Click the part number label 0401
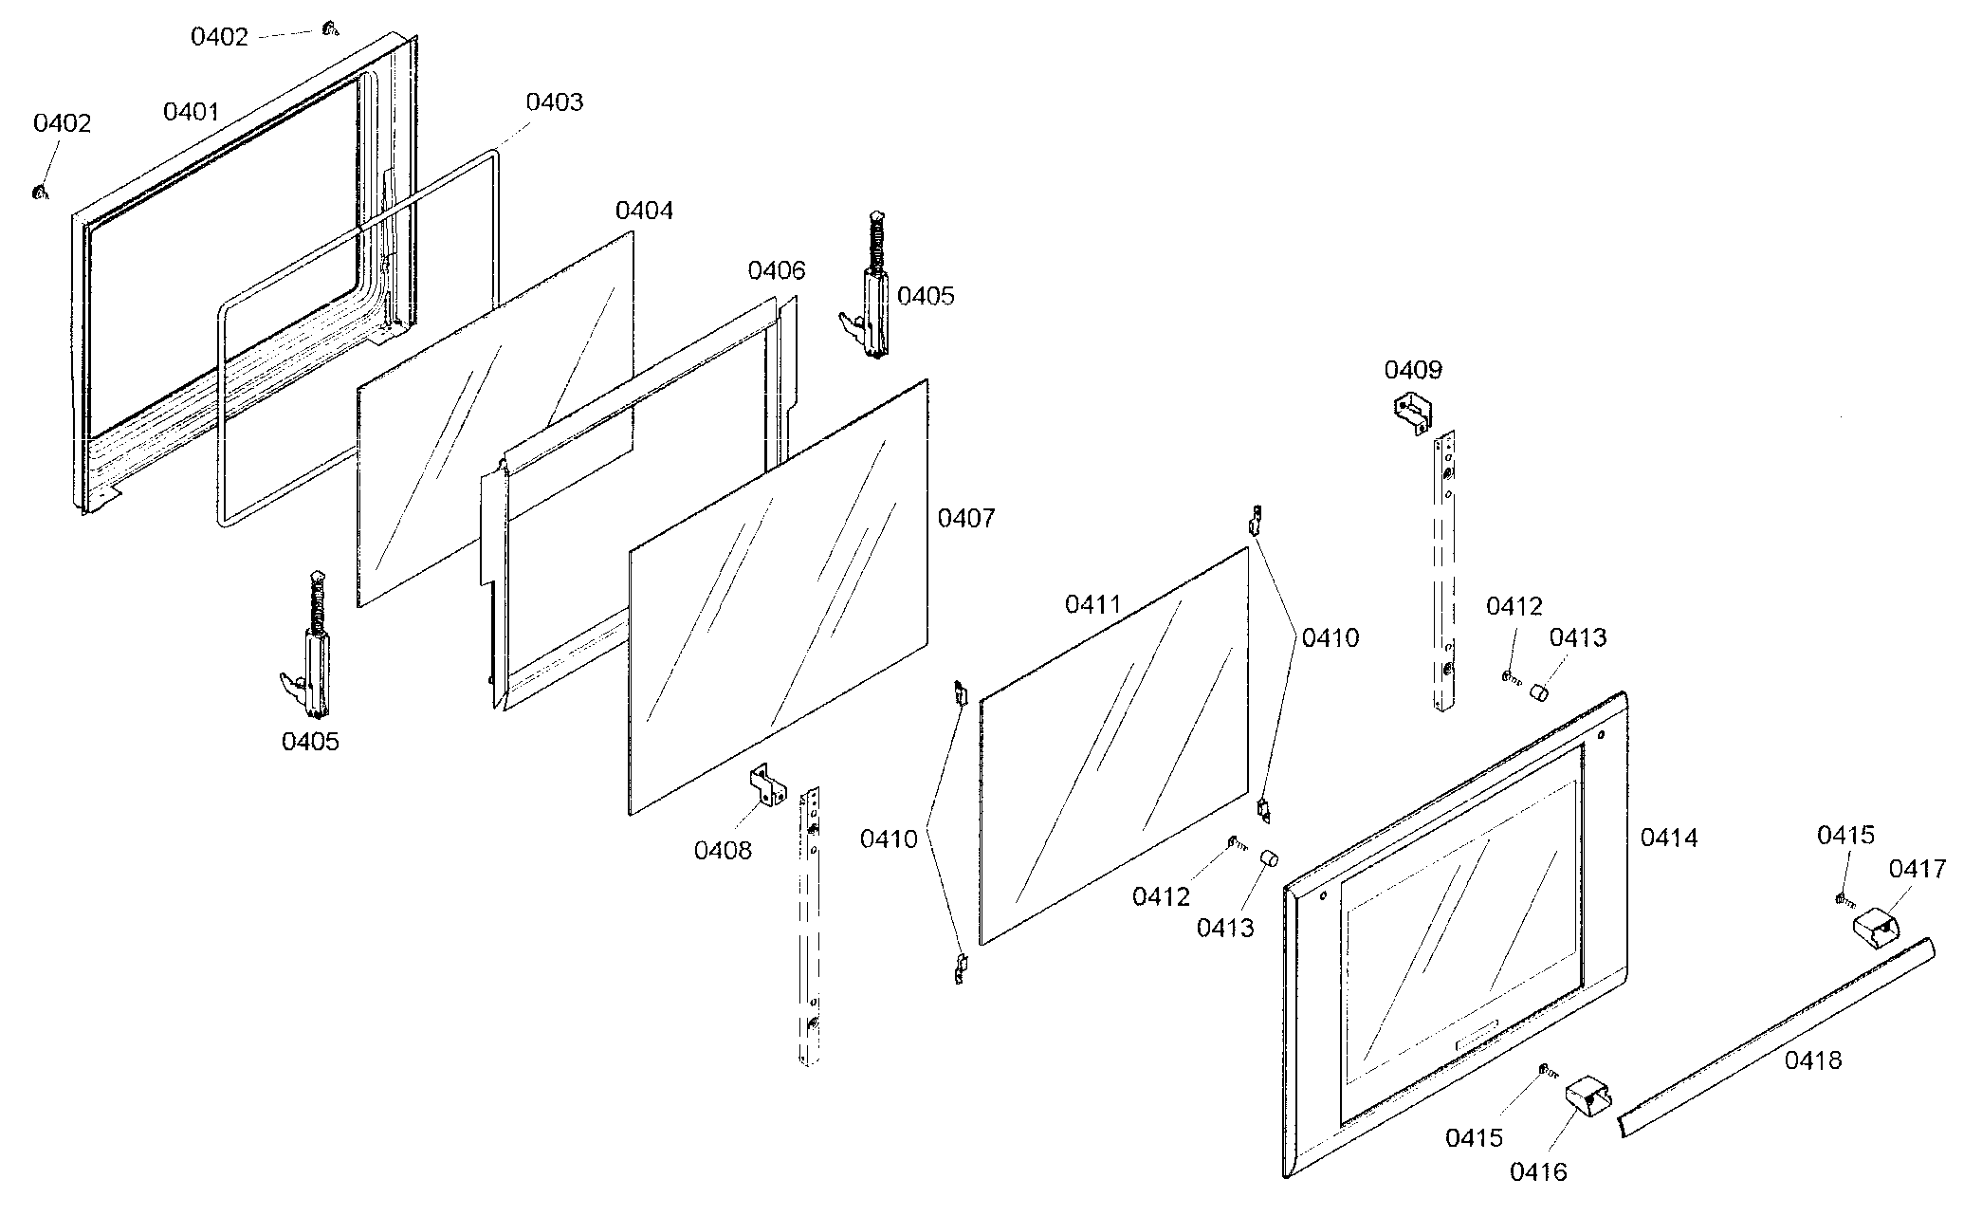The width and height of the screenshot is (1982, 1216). [192, 112]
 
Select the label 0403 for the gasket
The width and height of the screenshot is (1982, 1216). [555, 101]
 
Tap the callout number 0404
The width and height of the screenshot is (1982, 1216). [644, 211]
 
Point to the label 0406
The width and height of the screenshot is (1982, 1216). [777, 270]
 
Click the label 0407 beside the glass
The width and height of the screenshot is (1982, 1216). [966, 518]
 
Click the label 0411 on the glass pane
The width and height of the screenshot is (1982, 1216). [1093, 604]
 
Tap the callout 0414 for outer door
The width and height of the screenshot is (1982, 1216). [1669, 838]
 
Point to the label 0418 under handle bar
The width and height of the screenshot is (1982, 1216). [1813, 1060]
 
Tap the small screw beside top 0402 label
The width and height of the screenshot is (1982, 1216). [330, 29]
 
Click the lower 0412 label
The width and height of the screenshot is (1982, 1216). [1161, 896]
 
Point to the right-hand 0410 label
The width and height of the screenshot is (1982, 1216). [1330, 638]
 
